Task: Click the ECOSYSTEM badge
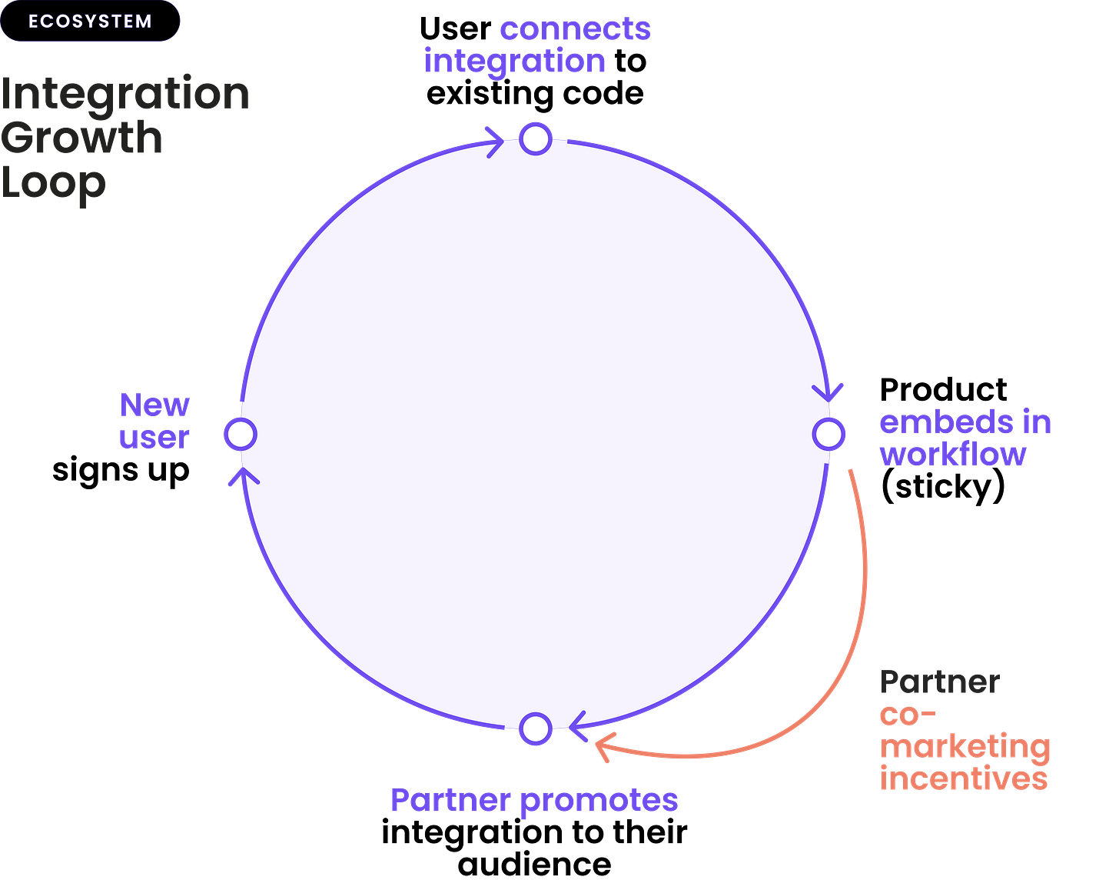pyautogui.click(x=90, y=22)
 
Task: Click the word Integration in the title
pyautogui.click(x=125, y=95)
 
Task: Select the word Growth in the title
pyautogui.click(x=81, y=138)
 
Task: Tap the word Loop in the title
pyautogui.click(x=52, y=183)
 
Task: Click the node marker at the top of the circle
pyautogui.click(x=536, y=138)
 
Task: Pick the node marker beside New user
pyautogui.click(x=239, y=434)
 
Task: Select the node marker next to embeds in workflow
pyautogui.click(x=829, y=434)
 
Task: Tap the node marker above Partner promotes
pyautogui.click(x=536, y=728)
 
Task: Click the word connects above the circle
pyautogui.click(x=575, y=29)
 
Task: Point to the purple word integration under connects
pyautogui.click(x=514, y=62)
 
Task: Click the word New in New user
pyautogui.click(x=154, y=405)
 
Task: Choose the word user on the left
pyautogui.click(x=154, y=437)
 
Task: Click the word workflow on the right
pyautogui.click(x=953, y=454)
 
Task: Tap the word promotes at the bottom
pyautogui.click(x=599, y=801)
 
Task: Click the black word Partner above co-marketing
pyautogui.click(x=939, y=682)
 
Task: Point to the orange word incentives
pyautogui.click(x=964, y=778)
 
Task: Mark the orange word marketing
pyautogui.click(x=965, y=747)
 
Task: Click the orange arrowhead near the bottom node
pyautogui.click(x=603, y=746)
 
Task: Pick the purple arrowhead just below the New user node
pyautogui.click(x=241, y=475)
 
